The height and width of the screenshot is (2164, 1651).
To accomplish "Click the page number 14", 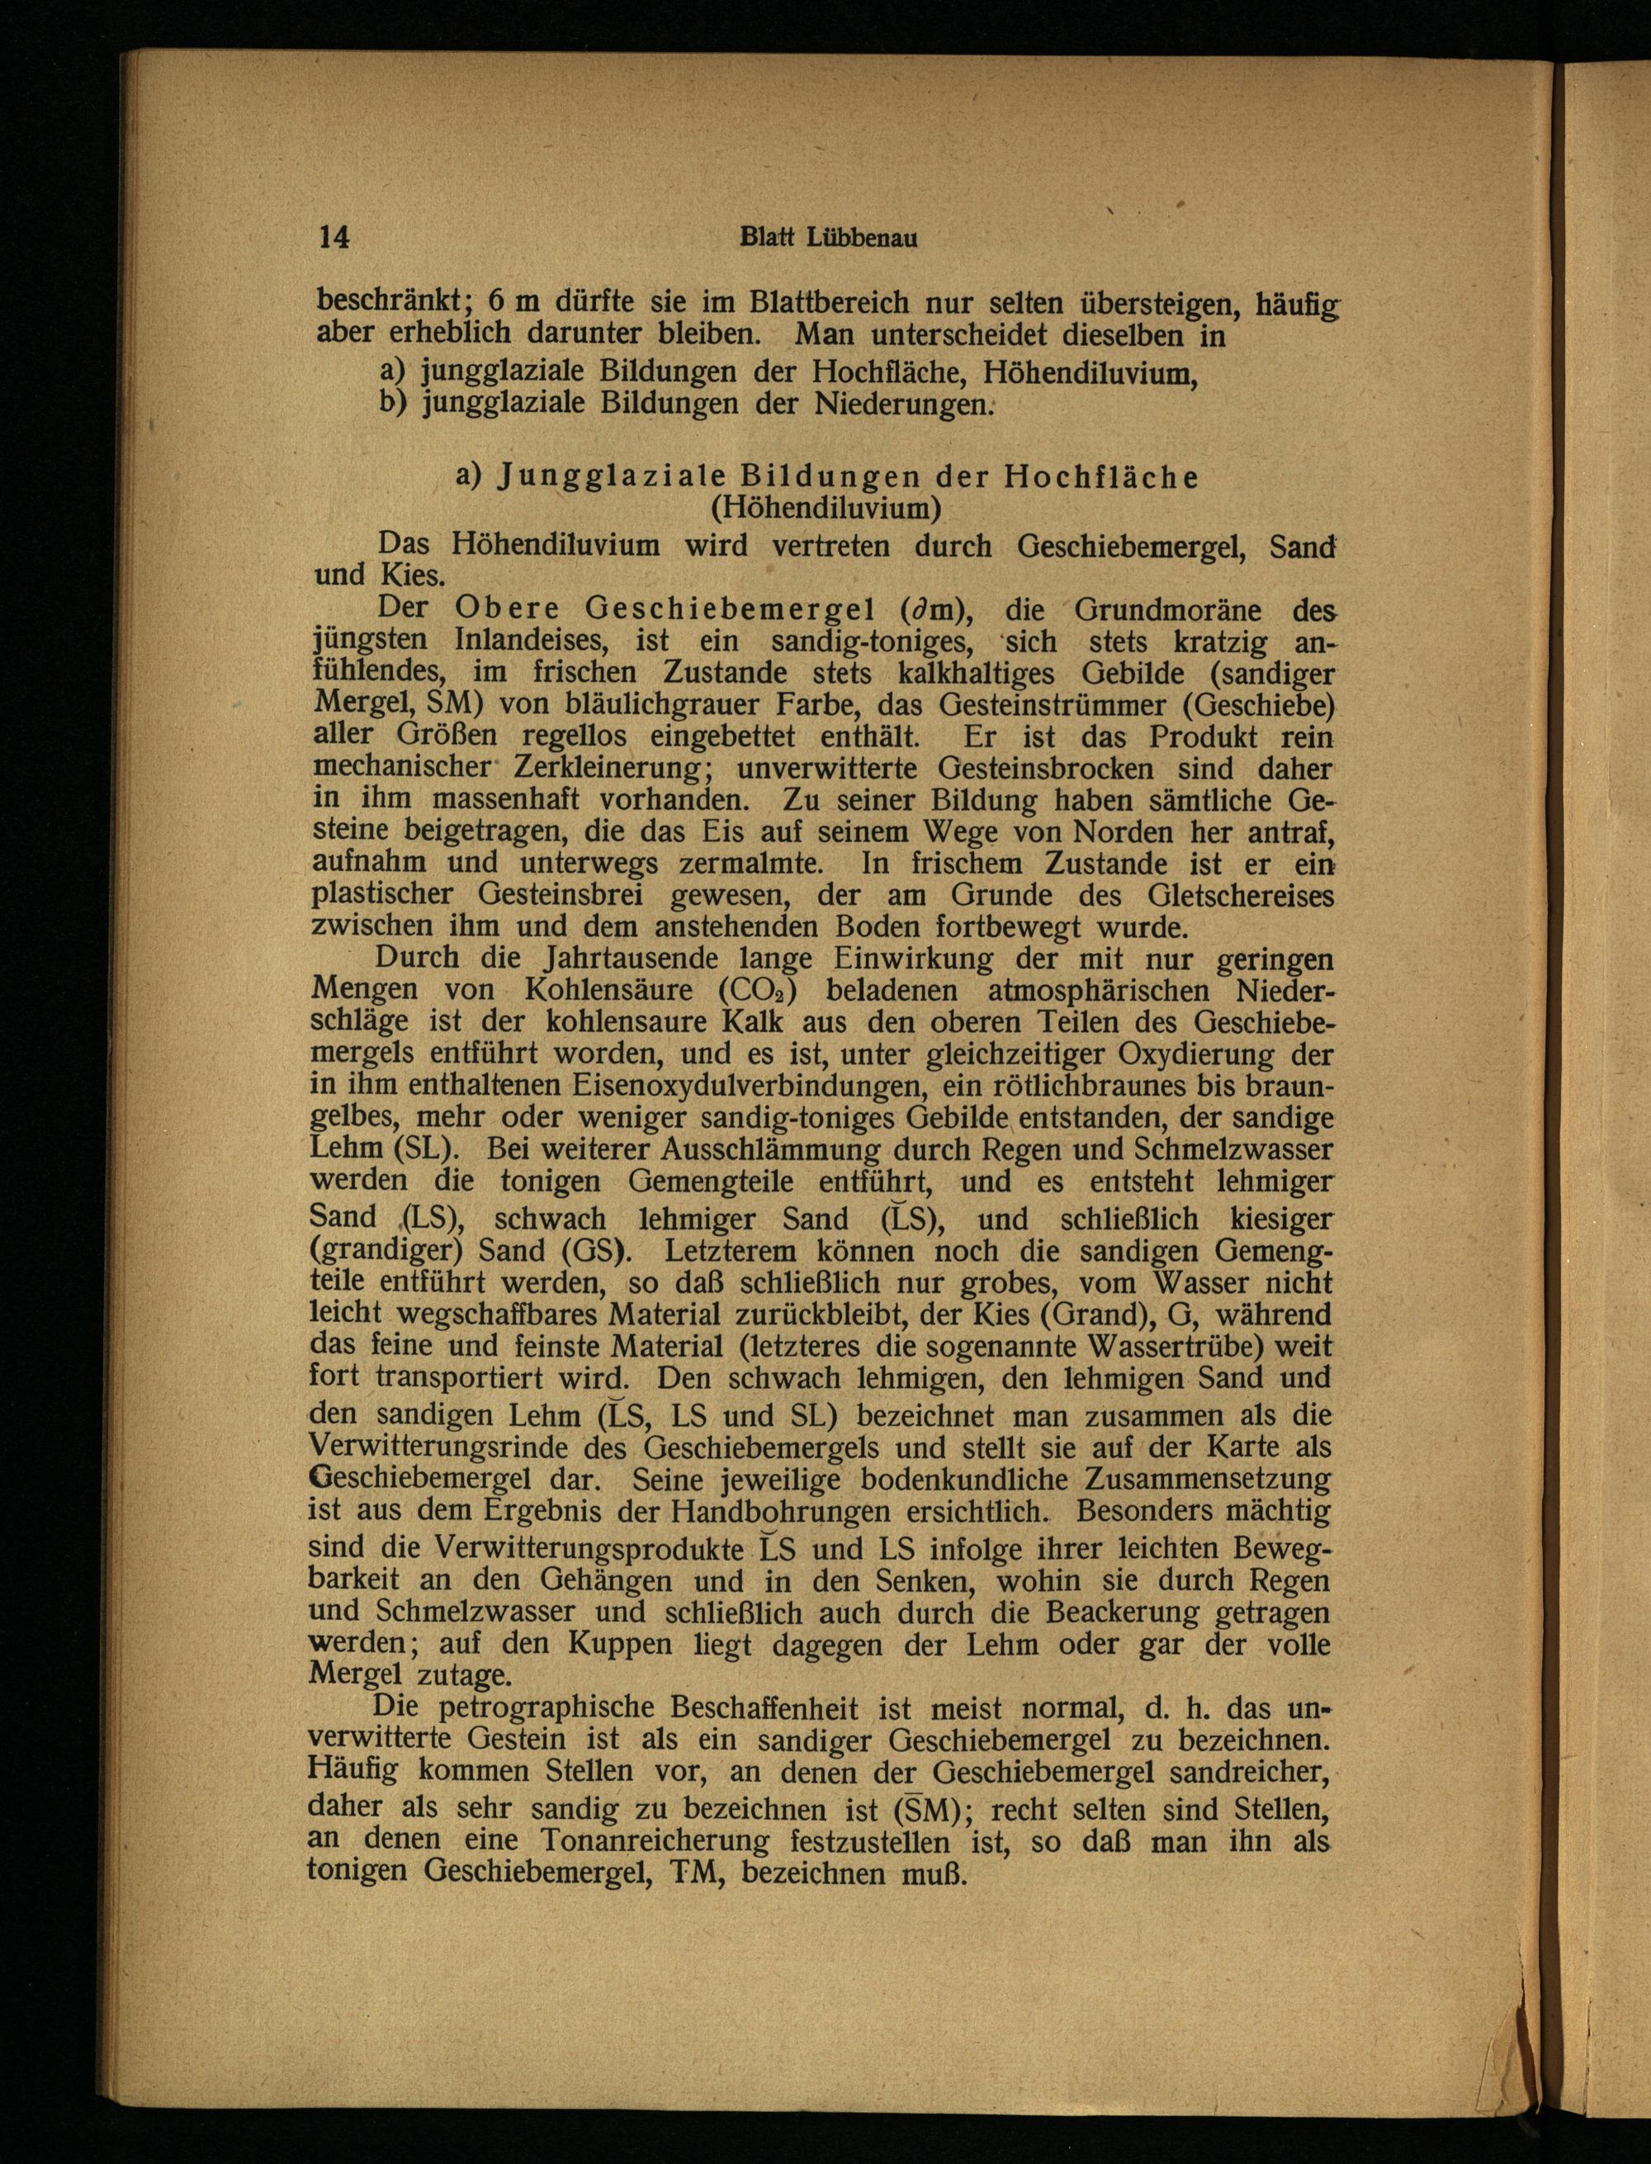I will pyautogui.click(x=334, y=238).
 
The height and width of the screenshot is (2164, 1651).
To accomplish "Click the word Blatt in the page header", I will pyautogui.click(x=769, y=238).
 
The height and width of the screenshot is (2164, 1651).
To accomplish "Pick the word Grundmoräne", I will pyautogui.click(x=1161, y=609).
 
